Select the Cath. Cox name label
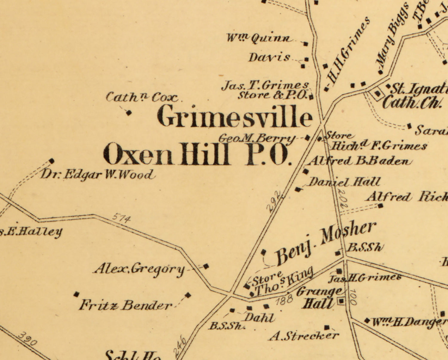tap(142, 98)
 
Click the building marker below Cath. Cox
tap(129, 113)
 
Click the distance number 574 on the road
tap(122, 219)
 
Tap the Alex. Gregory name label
tap(139, 269)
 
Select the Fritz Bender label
tap(125, 305)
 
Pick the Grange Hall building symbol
tap(341, 301)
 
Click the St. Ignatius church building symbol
tap(378, 94)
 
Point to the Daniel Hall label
tap(344, 182)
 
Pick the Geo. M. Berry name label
tap(257, 139)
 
